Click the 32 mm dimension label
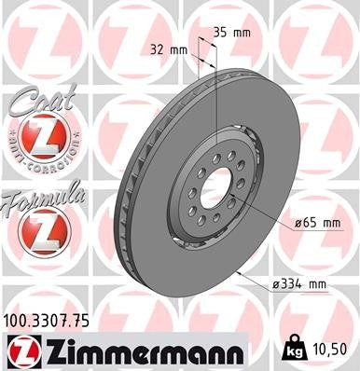coord(166,48)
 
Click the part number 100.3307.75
coord(56,320)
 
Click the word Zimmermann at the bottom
coord(140,350)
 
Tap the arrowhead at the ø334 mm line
coord(241,271)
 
